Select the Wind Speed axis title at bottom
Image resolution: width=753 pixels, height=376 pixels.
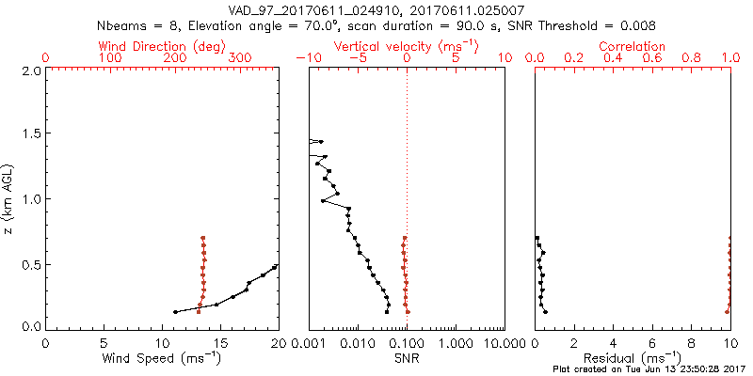162,358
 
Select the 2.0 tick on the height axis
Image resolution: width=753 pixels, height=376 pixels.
30,70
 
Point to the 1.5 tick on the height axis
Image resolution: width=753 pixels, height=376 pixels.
30,134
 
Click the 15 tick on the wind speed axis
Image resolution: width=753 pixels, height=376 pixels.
220,344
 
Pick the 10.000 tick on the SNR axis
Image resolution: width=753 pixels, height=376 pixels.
504,344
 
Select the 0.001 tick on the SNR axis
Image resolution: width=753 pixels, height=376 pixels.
309,344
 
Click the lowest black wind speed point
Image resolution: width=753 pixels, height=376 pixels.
175,312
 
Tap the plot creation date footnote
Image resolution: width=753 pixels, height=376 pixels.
649,370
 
